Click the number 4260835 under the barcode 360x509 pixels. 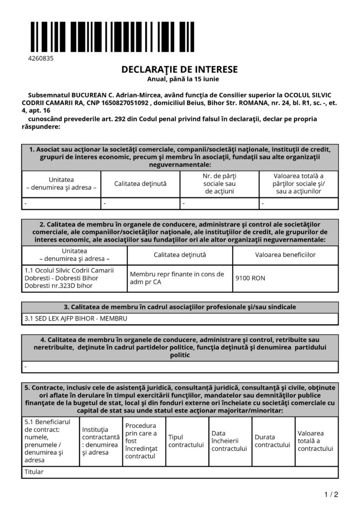[40, 58]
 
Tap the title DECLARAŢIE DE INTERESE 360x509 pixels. [180, 70]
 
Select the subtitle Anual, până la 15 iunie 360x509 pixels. [180, 79]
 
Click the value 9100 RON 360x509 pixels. [250, 278]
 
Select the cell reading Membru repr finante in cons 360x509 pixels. [177, 278]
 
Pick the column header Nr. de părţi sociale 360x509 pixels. [219, 183]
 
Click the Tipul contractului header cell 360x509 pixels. [186, 441]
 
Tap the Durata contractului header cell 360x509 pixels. [272, 441]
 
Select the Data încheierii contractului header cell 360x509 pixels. [229, 441]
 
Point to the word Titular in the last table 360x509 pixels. [34, 472]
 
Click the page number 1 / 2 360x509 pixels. [331, 494]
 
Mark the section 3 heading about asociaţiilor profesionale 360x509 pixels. [180, 307]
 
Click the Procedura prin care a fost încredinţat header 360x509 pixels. [143, 441]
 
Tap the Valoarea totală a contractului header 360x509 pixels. [315, 441]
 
